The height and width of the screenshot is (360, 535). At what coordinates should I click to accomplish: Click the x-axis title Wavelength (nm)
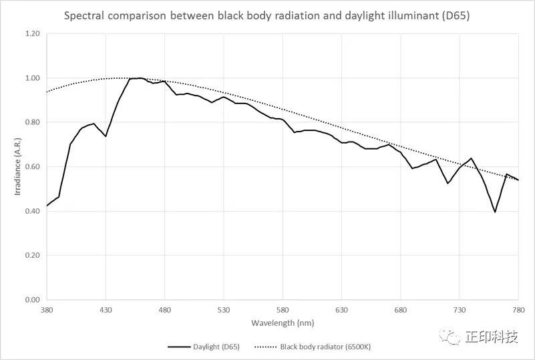[282, 323]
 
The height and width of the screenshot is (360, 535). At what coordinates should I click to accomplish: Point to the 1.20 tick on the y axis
[32, 34]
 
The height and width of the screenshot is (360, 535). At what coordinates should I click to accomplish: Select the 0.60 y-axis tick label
[32, 167]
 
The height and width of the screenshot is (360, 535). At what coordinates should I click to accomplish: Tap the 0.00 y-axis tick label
[32, 300]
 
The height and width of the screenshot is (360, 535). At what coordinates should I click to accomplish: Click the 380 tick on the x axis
[47, 311]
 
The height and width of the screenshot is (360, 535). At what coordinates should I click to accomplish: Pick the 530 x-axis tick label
[223, 311]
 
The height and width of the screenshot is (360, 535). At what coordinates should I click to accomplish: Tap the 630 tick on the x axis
[341, 311]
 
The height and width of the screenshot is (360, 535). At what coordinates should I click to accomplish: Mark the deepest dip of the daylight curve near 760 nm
[495, 212]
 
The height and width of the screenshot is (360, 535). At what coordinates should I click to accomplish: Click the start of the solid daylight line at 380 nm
[47, 206]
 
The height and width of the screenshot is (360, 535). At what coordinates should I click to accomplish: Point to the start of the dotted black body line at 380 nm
[47, 92]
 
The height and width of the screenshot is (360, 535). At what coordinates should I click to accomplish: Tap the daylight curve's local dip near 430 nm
[106, 136]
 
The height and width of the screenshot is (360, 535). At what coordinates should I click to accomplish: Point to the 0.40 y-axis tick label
[32, 211]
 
